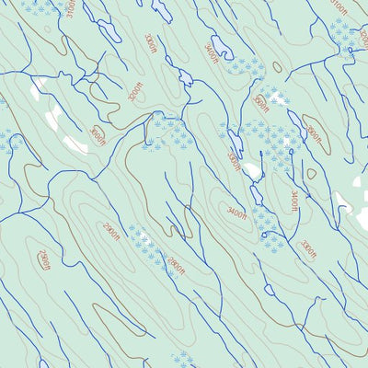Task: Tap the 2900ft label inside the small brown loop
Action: tap(44, 260)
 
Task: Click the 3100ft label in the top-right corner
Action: tap(340, 7)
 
